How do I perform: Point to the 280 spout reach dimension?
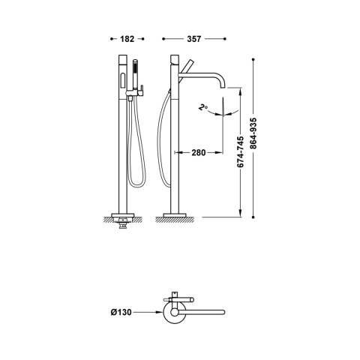197,152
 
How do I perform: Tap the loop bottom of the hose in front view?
135,184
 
